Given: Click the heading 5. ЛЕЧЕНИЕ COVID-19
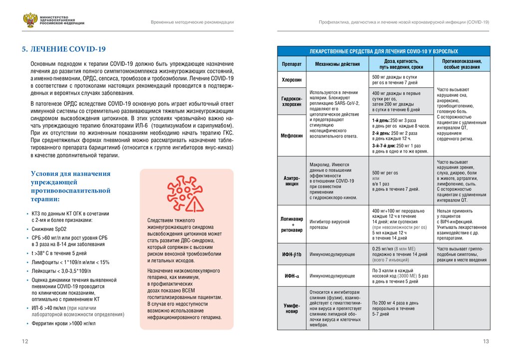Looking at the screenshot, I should point(63,49).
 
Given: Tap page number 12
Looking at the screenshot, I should point(24,341).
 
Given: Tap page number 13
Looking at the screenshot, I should point(486,341).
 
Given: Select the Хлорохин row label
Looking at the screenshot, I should point(292,79).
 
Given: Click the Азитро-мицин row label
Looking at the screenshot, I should point(292,180).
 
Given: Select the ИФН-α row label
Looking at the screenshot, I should point(292,276).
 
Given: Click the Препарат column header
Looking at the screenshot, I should point(292,64).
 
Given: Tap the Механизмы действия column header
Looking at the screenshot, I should point(337,64).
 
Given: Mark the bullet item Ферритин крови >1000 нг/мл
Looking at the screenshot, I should point(64,324).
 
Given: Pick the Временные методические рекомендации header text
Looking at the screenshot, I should point(193,23).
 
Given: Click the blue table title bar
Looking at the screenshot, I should point(384,51).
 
